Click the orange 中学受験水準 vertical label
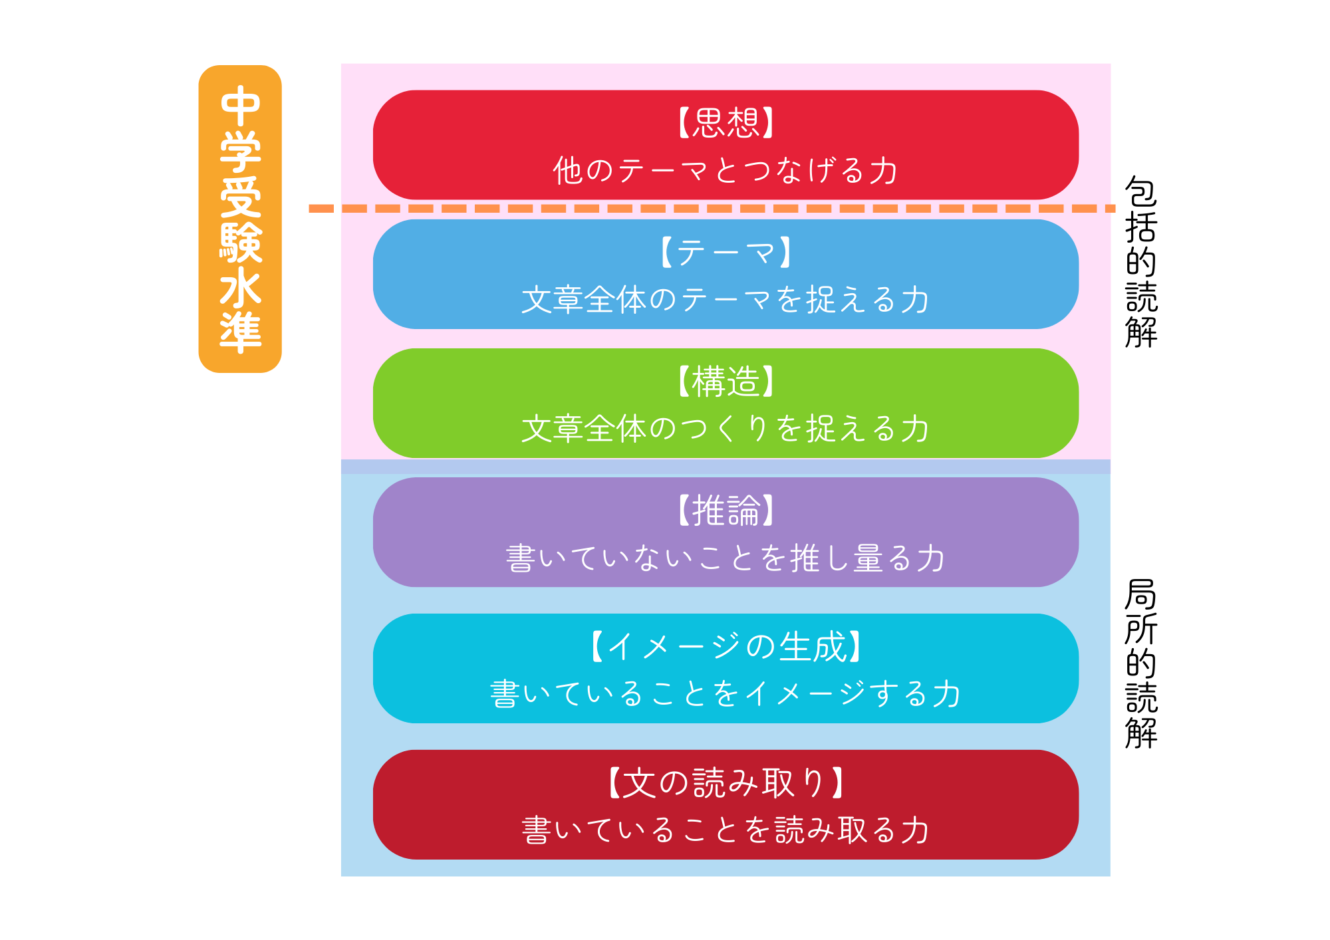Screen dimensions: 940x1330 click(240, 219)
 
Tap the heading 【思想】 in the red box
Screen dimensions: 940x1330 click(726, 122)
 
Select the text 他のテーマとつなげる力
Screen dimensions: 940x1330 click(726, 170)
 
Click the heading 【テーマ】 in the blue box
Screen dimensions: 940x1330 click(726, 253)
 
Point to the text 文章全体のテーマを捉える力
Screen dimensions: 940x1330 click(726, 300)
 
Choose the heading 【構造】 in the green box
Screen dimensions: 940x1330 click(726, 382)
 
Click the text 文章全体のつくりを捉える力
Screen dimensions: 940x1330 click(726, 429)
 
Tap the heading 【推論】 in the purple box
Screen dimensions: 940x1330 click(726, 511)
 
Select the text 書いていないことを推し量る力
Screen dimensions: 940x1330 click(726, 558)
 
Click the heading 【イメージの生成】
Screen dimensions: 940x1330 click(726, 646)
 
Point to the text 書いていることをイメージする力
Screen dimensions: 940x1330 click(726, 694)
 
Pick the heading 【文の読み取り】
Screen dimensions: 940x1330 click(726, 782)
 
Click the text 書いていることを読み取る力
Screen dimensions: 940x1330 click(726, 830)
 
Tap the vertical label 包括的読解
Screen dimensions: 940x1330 click(1141, 262)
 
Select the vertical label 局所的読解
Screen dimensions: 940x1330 click(1141, 664)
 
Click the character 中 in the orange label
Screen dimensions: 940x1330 click(240, 106)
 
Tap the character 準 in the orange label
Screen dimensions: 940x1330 click(240, 332)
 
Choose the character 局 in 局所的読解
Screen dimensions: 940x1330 click(1141, 594)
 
